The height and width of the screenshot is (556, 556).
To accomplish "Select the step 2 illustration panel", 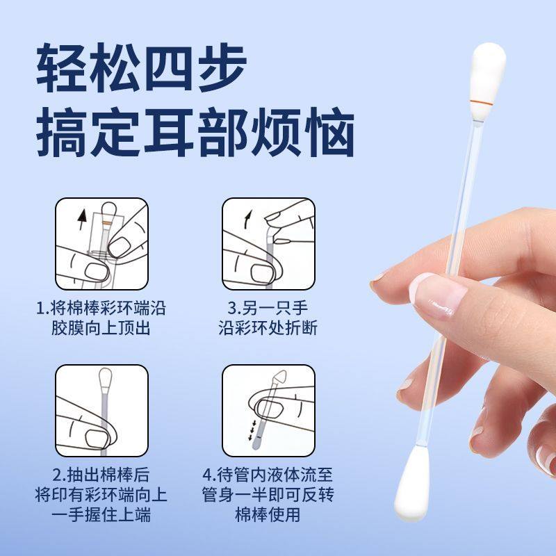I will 101,410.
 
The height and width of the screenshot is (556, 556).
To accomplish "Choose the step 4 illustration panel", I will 268,410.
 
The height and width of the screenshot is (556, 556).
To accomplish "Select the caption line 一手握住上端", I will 101,515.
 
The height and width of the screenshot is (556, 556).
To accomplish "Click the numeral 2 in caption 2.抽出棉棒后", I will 58,476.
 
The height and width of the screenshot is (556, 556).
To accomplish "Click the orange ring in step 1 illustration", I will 106,220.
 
